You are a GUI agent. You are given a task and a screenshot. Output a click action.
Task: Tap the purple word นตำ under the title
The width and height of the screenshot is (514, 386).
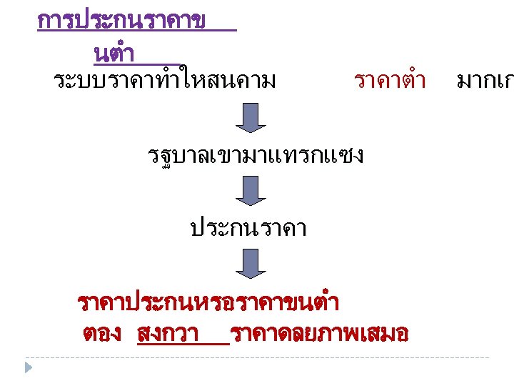click(114, 54)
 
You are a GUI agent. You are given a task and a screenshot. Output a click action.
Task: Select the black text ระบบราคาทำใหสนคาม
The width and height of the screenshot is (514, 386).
click(165, 81)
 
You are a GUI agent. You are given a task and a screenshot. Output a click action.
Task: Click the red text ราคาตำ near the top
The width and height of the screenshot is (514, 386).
click(390, 81)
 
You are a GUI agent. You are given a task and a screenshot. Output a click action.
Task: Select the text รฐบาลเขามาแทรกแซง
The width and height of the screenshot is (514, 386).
click(254, 154)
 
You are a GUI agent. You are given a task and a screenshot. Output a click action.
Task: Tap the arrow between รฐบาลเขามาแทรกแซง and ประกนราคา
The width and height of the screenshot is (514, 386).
click(251, 191)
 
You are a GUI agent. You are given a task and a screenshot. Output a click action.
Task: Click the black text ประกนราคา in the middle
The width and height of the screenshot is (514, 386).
click(248, 228)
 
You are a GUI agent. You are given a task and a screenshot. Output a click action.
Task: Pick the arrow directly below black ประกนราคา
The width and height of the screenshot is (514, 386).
click(251, 263)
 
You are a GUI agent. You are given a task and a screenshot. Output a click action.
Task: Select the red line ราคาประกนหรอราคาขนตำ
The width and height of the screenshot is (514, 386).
click(208, 303)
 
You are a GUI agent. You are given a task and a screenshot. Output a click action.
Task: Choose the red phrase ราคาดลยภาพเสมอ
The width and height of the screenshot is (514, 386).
click(320, 334)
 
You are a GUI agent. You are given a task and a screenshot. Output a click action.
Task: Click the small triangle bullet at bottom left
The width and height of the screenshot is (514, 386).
click(28, 368)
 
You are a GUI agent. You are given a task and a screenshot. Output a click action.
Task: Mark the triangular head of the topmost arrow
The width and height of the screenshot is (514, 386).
click(251, 127)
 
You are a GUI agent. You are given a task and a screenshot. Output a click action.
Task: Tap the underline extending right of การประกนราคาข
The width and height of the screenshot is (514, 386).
click(221, 31)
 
